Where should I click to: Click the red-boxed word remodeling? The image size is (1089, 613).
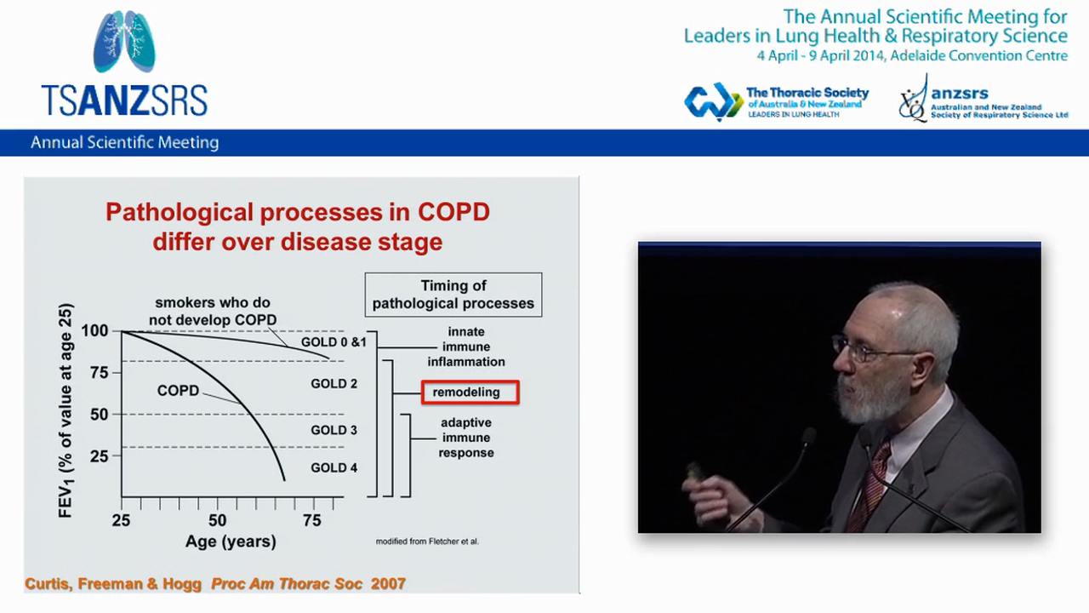point(470,392)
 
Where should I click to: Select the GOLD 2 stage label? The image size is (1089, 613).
point(334,384)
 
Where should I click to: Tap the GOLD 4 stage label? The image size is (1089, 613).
point(334,467)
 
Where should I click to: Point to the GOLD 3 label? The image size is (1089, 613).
point(334,430)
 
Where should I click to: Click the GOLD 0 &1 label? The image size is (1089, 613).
point(334,342)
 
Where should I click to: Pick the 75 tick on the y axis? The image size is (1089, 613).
point(100,372)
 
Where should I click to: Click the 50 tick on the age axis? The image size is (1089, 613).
point(218,520)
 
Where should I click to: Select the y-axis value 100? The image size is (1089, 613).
point(95,330)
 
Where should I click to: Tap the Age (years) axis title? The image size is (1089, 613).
point(231,541)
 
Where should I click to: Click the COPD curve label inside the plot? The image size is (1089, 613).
point(178,391)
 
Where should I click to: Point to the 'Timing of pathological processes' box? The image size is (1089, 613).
point(453,295)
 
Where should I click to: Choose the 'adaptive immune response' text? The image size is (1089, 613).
point(466,438)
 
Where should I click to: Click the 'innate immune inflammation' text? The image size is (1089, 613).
point(466,347)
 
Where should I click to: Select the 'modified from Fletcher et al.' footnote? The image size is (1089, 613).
point(427,541)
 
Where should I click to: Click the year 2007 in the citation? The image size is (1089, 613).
point(388,584)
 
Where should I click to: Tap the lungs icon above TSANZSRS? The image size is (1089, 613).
point(124,42)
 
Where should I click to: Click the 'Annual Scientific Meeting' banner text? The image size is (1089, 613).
point(125,143)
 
